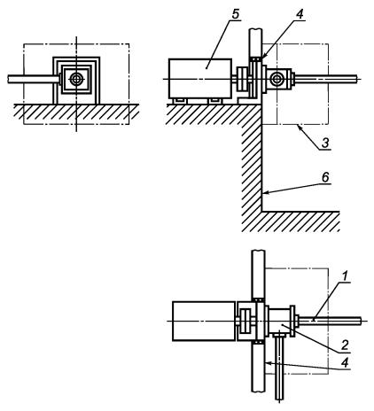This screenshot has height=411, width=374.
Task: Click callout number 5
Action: (x=235, y=14)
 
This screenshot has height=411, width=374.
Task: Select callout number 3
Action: (x=325, y=143)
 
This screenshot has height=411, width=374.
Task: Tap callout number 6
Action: (x=325, y=177)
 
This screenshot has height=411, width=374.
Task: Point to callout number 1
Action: (x=345, y=276)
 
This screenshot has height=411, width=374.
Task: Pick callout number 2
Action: (x=345, y=345)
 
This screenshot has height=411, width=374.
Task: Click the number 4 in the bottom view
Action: (x=345, y=362)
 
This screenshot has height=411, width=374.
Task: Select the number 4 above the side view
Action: (x=300, y=14)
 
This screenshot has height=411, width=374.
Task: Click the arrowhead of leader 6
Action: (x=265, y=193)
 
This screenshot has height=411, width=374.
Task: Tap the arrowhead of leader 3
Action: (x=300, y=128)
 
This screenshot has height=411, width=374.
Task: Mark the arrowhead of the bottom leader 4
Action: (x=268, y=363)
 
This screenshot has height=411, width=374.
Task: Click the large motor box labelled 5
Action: (x=200, y=79)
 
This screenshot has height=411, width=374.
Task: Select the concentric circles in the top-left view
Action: (x=76, y=79)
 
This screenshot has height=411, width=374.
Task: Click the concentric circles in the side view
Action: (x=277, y=79)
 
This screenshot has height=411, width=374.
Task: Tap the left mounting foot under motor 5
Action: (x=180, y=101)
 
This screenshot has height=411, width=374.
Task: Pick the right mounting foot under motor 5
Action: (x=214, y=101)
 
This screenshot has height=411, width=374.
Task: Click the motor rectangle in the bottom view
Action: (x=205, y=321)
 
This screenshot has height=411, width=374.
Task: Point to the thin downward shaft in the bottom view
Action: (x=279, y=367)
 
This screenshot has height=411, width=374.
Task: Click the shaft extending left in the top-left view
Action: (x=33, y=79)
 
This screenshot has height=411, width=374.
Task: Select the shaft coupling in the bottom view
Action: (x=245, y=321)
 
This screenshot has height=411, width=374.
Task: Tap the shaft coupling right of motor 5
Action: (x=243, y=79)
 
